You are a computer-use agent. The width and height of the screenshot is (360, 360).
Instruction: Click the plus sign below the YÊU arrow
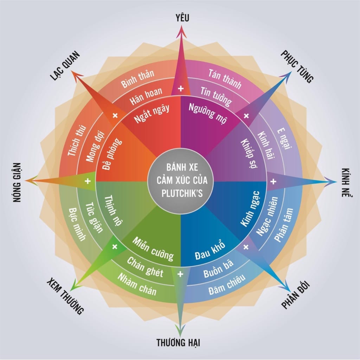point(181,89)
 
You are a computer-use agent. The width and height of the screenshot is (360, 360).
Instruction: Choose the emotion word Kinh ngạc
point(250,208)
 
